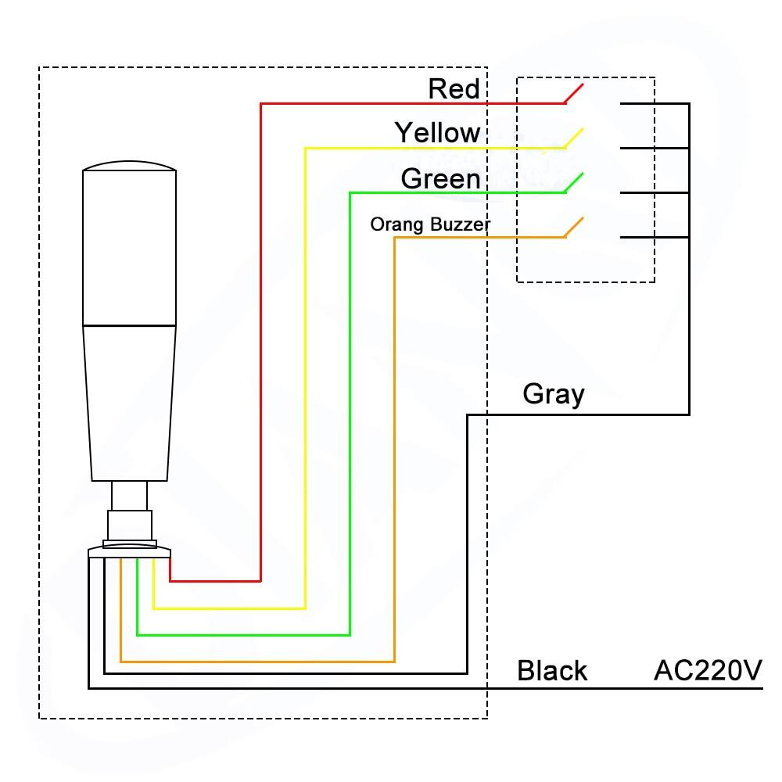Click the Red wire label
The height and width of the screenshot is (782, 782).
[x=454, y=88]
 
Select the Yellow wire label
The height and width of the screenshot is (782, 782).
[x=437, y=133]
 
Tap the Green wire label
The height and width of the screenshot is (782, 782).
[x=440, y=179]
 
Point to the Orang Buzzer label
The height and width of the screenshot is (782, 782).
[x=430, y=225]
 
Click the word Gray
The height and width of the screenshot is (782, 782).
[x=554, y=393]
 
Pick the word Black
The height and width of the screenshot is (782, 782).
[x=552, y=671]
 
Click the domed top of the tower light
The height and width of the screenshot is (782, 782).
[x=129, y=167]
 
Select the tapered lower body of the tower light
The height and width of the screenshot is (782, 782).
[x=129, y=403]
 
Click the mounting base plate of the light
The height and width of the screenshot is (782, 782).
[x=129, y=552]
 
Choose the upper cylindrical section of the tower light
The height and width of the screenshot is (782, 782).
[x=129, y=246]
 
